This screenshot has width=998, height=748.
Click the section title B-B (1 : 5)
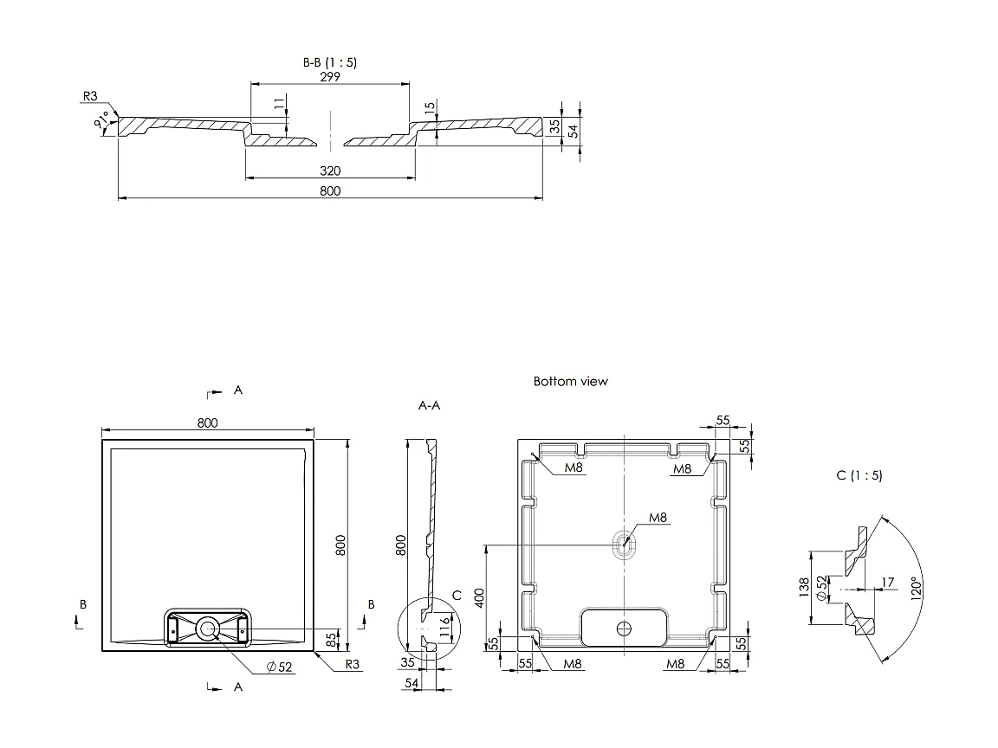(x=329, y=62)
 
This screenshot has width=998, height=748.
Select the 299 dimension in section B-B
(x=329, y=76)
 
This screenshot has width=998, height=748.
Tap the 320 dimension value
(x=330, y=171)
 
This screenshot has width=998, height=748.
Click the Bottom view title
(x=570, y=381)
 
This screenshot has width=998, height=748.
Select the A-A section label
(x=429, y=405)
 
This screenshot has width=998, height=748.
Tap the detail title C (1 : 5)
(x=859, y=475)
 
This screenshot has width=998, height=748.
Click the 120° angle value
(x=916, y=589)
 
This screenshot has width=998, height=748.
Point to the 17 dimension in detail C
(x=887, y=583)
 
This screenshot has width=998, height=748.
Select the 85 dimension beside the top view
(x=330, y=641)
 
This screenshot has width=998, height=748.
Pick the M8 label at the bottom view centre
(x=658, y=518)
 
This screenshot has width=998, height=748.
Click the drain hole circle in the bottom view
(x=624, y=626)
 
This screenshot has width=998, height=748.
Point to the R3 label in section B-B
(x=90, y=96)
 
